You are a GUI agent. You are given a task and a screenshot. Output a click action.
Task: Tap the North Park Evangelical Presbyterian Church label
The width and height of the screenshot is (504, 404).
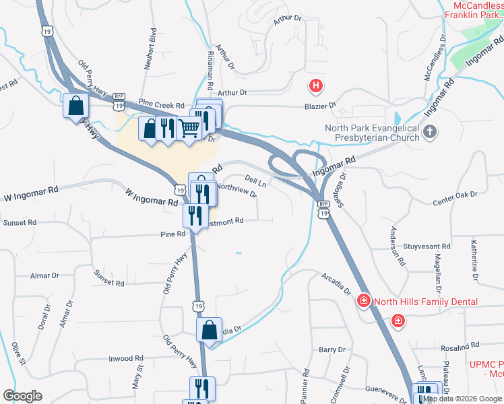coord(372,133)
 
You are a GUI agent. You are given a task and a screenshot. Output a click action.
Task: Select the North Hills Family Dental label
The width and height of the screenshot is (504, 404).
coord(426,302)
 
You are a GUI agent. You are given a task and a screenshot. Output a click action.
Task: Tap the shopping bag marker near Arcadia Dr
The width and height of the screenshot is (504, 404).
coord(210,331)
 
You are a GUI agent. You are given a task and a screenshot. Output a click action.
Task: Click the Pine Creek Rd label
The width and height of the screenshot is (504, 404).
coord(162,106)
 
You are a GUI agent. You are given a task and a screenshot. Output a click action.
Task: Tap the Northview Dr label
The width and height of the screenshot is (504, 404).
coord(237,191)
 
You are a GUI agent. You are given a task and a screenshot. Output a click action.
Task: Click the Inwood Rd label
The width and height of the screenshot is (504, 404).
coord(126,359)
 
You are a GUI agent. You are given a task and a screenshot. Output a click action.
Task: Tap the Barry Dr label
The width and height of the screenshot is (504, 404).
coord(332,349)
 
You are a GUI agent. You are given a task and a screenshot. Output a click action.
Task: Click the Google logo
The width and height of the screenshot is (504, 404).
coord(22,397)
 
